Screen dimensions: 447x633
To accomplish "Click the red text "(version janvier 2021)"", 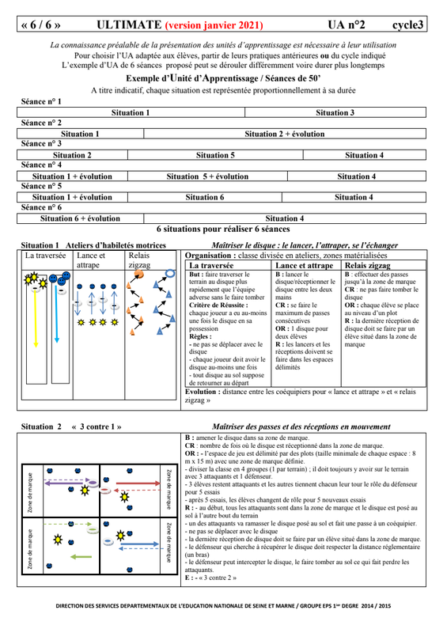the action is point(214,25).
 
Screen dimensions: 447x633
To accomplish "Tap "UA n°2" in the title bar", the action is point(347,25).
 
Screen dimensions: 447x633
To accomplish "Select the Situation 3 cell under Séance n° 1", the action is point(335,112).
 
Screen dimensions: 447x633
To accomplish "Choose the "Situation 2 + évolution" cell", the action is point(285,134).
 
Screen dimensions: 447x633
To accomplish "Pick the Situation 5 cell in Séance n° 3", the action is point(215,155).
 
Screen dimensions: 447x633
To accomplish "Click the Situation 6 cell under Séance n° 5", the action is point(205,197).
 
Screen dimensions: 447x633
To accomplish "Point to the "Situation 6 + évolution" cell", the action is point(80,218).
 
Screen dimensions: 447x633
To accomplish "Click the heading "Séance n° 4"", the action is point(41,165).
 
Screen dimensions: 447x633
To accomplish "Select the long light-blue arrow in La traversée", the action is point(56,314).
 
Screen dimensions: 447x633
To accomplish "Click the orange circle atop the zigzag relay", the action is point(138,274).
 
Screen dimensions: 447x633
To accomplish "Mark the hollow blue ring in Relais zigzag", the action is point(170,274).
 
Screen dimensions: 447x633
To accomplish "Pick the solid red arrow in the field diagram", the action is point(138,483).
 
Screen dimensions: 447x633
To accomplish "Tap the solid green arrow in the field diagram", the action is point(81,557).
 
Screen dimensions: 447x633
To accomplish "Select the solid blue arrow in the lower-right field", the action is point(139,544).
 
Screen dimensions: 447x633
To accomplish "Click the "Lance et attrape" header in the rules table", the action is point(304,265).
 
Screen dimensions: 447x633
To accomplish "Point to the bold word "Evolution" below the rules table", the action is point(200,392).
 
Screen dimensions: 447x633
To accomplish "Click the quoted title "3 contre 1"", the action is point(97,426).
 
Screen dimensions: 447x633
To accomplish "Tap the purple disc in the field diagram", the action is point(93,483).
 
